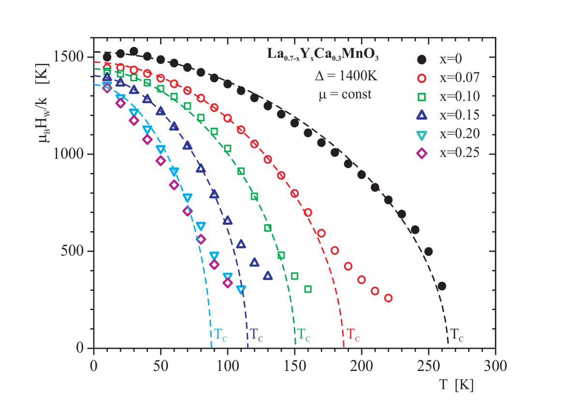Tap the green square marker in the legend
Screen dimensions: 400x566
422,97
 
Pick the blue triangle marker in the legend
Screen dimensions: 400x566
422,115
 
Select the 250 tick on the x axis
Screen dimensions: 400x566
428,366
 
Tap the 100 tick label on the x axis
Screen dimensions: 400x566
227,366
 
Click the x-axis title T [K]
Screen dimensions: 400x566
456,385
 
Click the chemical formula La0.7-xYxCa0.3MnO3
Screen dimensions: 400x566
323,55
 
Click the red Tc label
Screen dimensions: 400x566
353,335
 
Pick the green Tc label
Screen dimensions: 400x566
303,335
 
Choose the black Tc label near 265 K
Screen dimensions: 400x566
457,335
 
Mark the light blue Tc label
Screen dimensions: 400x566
220,335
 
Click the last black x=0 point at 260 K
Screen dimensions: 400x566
441,286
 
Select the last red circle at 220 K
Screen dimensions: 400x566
388,298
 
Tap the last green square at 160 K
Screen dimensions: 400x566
308,289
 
